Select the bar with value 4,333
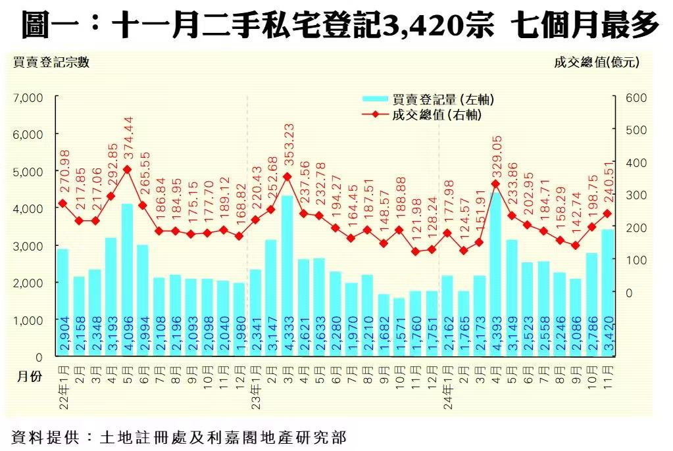coord(287,276)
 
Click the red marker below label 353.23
coord(287,176)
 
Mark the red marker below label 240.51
coord(607,214)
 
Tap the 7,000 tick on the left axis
coord(28,97)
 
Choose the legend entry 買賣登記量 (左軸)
coord(428,99)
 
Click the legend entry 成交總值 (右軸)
coord(428,115)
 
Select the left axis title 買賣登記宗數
coord(51,62)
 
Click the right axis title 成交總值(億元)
coord(596,62)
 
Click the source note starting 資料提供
coord(178,436)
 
